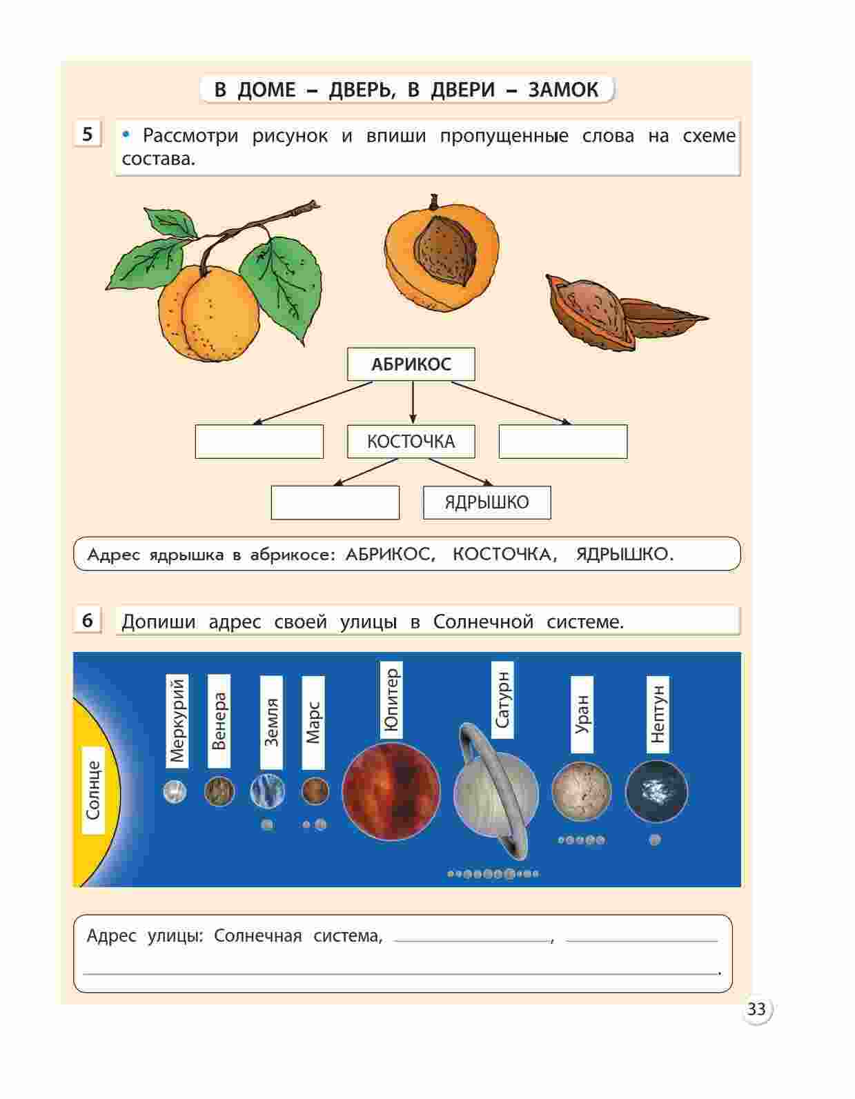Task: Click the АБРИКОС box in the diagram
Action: (x=411, y=364)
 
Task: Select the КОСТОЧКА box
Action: (x=411, y=441)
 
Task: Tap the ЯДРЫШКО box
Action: (x=487, y=502)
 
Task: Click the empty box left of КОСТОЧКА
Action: (x=259, y=442)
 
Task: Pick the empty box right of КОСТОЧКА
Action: (x=563, y=442)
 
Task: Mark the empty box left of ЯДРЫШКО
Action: (x=335, y=503)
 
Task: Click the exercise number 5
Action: (x=88, y=134)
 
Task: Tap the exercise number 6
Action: (x=88, y=620)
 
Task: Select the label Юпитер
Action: (x=391, y=700)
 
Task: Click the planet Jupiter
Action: (x=391, y=792)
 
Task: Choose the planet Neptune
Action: (x=657, y=791)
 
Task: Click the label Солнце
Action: (x=93, y=790)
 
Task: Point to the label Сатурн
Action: (x=502, y=700)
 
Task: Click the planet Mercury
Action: (x=175, y=791)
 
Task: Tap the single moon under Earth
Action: (x=267, y=825)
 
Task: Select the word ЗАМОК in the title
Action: (x=563, y=90)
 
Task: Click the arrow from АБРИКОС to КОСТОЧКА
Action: (x=413, y=403)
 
